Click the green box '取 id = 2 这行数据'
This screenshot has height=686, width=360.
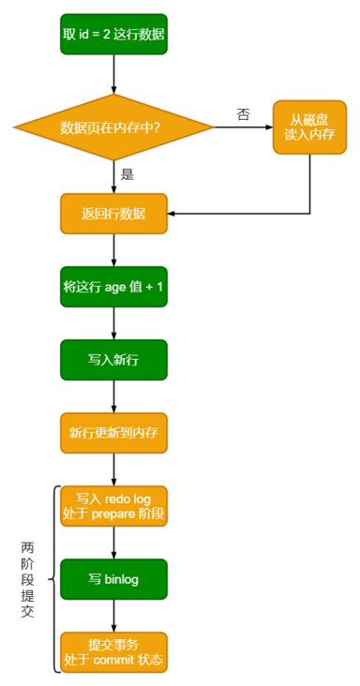(113, 35)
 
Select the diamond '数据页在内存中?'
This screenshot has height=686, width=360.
(113, 127)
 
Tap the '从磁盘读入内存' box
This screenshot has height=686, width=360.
(309, 127)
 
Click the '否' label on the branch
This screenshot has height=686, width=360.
(243, 114)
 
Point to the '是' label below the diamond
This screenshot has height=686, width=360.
(127, 174)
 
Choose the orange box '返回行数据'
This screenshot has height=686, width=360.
(113, 214)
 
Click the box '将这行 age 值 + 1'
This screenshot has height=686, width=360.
(113, 287)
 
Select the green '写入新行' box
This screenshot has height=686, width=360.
(113, 360)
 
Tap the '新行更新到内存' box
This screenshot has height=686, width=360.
(113, 433)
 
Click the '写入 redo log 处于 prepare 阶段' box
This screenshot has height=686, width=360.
(113, 506)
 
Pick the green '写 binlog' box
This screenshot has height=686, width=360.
(113, 579)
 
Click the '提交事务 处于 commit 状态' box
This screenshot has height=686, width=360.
(113, 652)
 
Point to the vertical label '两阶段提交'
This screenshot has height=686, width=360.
(27, 578)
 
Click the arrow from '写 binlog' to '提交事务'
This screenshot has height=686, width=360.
(113, 615)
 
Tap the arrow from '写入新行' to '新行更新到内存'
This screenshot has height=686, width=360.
(113, 395)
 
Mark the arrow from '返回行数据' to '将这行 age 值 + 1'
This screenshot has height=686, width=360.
(113, 249)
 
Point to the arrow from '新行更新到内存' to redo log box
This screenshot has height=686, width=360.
(113, 469)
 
